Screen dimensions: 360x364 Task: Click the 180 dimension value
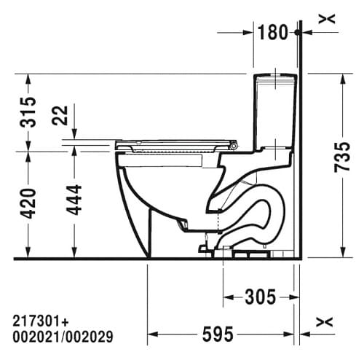coord(274,31)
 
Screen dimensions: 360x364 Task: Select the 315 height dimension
coord(28,111)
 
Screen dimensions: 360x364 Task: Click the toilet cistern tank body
coord(276,109)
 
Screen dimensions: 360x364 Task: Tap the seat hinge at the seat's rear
coord(233,146)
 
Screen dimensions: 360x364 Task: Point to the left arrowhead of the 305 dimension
coord(226,297)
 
